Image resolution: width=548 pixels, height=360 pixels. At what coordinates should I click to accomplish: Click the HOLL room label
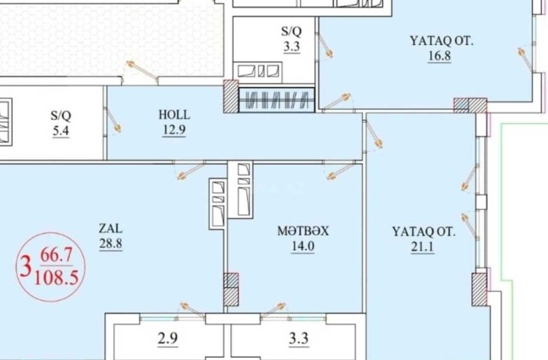(174, 115)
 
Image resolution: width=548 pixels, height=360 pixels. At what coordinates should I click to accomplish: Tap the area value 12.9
(174, 130)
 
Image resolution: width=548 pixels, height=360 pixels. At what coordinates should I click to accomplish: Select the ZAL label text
(110, 228)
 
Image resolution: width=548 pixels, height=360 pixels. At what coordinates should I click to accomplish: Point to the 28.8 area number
(110, 244)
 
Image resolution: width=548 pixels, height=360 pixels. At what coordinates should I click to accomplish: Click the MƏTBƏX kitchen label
(303, 231)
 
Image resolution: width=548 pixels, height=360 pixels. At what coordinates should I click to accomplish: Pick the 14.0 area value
(303, 246)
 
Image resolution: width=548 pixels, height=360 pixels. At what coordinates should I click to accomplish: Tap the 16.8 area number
(439, 55)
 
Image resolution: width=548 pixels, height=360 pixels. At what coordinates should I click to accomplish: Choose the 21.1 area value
(423, 247)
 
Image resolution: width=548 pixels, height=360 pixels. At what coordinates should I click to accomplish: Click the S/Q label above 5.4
(61, 115)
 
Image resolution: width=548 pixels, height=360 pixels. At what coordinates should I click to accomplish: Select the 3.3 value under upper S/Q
(291, 46)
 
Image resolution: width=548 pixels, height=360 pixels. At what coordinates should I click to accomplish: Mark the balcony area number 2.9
(167, 338)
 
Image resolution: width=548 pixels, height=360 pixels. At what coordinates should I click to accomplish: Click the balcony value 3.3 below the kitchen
(299, 338)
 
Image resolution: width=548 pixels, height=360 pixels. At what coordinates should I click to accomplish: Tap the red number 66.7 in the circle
(56, 255)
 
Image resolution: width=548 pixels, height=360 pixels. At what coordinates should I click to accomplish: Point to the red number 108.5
(56, 278)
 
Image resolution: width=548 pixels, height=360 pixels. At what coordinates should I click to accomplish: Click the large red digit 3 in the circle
(26, 266)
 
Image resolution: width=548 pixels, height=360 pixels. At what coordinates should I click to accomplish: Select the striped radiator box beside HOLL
(277, 100)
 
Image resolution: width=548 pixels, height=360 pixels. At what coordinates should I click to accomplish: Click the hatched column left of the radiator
(231, 96)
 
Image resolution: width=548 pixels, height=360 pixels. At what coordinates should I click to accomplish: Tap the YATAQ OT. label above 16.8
(441, 40)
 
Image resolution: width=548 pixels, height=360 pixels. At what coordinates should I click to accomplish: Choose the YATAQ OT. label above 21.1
(423, 232)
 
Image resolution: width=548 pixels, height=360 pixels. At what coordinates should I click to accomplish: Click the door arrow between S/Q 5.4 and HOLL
(113, 121)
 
